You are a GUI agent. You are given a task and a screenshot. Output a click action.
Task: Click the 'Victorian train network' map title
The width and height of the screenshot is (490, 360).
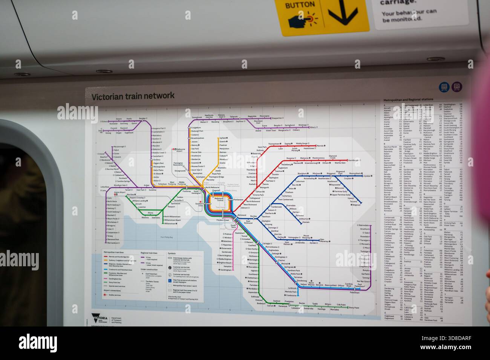[133, 96]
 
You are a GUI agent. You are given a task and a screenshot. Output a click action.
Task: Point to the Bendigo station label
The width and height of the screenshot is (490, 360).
[142, 119]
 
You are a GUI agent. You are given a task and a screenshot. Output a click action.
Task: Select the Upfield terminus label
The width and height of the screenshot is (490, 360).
[223, 139]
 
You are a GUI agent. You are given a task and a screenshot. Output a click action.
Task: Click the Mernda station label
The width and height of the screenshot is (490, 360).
[320, 145]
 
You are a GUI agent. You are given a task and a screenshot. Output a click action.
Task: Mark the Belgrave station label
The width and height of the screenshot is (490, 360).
[356, 205]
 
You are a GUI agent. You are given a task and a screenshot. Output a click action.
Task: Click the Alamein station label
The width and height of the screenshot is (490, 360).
[306, 222]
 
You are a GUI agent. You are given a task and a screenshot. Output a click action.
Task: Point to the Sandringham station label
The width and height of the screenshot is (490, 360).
[226, 270]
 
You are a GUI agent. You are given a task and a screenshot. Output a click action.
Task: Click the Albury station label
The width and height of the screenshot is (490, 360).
[312, 127]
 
